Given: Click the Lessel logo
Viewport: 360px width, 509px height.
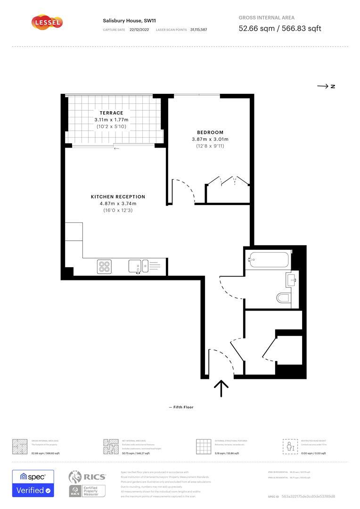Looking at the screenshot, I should (47, 22).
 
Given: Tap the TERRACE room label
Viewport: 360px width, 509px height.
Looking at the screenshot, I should (111, 113).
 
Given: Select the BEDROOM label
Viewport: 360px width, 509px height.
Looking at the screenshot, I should (210, 132).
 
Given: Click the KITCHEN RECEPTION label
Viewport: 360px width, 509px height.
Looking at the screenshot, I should (118, 197).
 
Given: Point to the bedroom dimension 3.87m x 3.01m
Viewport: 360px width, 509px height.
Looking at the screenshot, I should (210, 139).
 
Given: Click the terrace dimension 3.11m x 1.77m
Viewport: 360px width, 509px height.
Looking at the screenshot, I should (111, 120).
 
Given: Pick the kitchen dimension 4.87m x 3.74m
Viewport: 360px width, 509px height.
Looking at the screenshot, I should (118, 204).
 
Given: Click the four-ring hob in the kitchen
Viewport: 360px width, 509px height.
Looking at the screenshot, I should (104, 267).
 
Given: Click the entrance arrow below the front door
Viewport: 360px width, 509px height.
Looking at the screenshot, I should (221, 388).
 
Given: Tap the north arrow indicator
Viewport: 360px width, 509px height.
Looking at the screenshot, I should (326, 86).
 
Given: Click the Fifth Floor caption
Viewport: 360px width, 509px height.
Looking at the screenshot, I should (181, 407).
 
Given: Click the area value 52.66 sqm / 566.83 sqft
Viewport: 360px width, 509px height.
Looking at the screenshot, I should (280, 28).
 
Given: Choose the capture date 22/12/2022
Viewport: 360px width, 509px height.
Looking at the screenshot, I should (139, 30).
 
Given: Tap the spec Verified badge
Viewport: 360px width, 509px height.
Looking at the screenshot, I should (33, 483).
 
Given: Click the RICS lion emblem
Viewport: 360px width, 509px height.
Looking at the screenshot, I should (76, 477).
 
